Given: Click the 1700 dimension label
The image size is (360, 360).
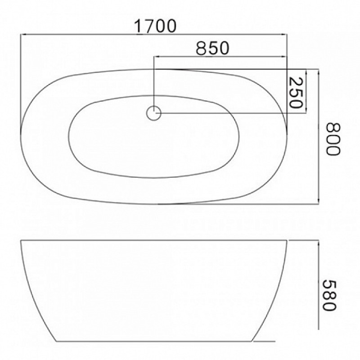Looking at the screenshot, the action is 155,26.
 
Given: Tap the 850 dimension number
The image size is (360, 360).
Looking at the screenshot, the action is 212,48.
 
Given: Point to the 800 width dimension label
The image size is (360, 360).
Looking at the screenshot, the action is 333,139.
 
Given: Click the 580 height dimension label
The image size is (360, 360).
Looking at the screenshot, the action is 330,295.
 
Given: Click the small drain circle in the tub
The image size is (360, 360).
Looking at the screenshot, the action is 153,113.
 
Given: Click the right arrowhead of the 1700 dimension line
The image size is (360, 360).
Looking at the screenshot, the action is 284,35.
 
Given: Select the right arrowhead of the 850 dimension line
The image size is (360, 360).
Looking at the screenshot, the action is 284,56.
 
